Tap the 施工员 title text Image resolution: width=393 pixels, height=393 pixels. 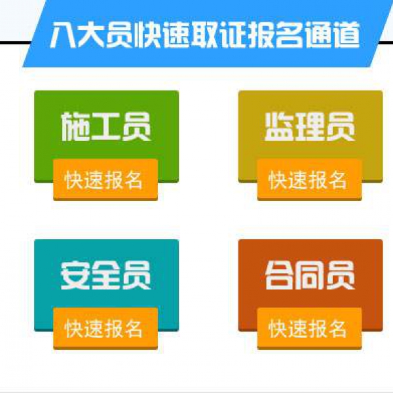point(105,126)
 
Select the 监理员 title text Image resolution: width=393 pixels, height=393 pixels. point(310,126)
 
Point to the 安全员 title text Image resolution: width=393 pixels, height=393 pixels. point(105,275)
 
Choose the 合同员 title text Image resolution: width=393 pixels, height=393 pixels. point(310,275)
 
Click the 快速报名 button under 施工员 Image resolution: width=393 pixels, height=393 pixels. point(105,179)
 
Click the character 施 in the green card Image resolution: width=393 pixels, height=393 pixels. point(75,126)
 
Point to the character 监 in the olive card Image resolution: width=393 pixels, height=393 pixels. point(280,126)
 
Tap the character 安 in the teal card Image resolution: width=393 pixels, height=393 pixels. point(75,275)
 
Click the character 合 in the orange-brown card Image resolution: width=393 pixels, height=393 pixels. point(280,275)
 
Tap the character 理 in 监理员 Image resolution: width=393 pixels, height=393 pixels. point(310,126)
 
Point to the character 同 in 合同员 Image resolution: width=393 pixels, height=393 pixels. point(310,275)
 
